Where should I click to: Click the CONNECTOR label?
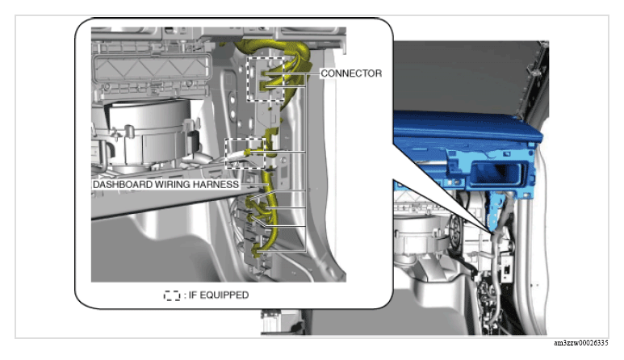click(x=351, y=73)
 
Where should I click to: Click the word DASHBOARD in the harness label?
click(x=123, y=185)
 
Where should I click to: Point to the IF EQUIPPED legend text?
click(x=219, y=295)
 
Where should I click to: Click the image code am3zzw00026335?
click(x=580, y=343)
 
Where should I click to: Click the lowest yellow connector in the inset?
click(x=258, y=251)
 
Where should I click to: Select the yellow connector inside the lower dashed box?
click(x=248, y=153)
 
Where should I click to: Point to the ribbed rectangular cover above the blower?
click(x=152, y=69)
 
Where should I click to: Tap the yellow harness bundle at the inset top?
click(x=274, y=48)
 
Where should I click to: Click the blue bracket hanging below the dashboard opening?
click(x=492, y=211)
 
